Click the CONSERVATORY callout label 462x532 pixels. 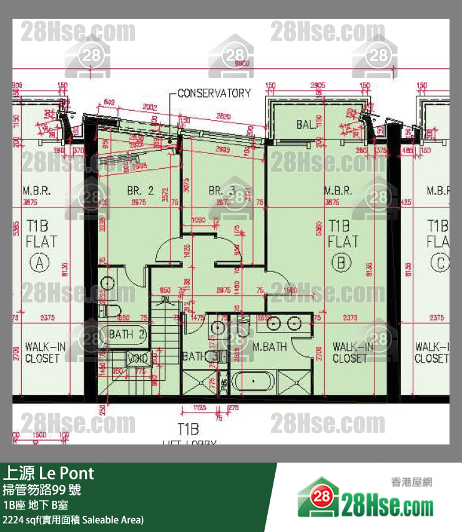[x=214, y=93]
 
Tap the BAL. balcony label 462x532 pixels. [x=305, y=125]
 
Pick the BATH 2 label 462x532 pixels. [x=127, y=335]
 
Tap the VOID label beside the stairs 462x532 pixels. [x=138, y=358]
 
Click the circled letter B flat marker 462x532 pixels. [x=341, y=263]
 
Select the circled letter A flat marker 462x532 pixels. [x=41, y=263]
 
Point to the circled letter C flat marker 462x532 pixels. [x=441, y=263]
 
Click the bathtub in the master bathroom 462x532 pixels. [x=252, y=381]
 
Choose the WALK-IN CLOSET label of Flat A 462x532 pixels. [x=42, y=353]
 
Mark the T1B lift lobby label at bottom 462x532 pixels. [x=188, y=429]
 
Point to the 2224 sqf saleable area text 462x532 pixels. [x=73, y=519]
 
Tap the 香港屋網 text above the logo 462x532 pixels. [x=411, y=482]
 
